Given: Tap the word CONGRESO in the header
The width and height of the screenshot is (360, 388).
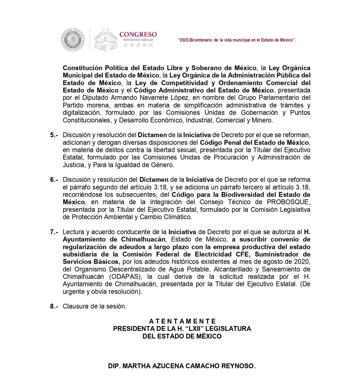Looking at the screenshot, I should coord(138,34).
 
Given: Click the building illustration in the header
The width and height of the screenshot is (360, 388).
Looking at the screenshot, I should coord(106,40).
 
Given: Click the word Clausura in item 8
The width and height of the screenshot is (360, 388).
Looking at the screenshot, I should coord(75,306).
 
